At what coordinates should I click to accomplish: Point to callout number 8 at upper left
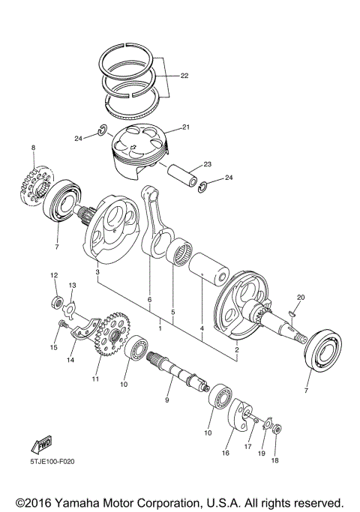pos(34,149)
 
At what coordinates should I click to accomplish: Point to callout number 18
pos(274,460)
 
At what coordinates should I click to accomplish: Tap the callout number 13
pos(73,286)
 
